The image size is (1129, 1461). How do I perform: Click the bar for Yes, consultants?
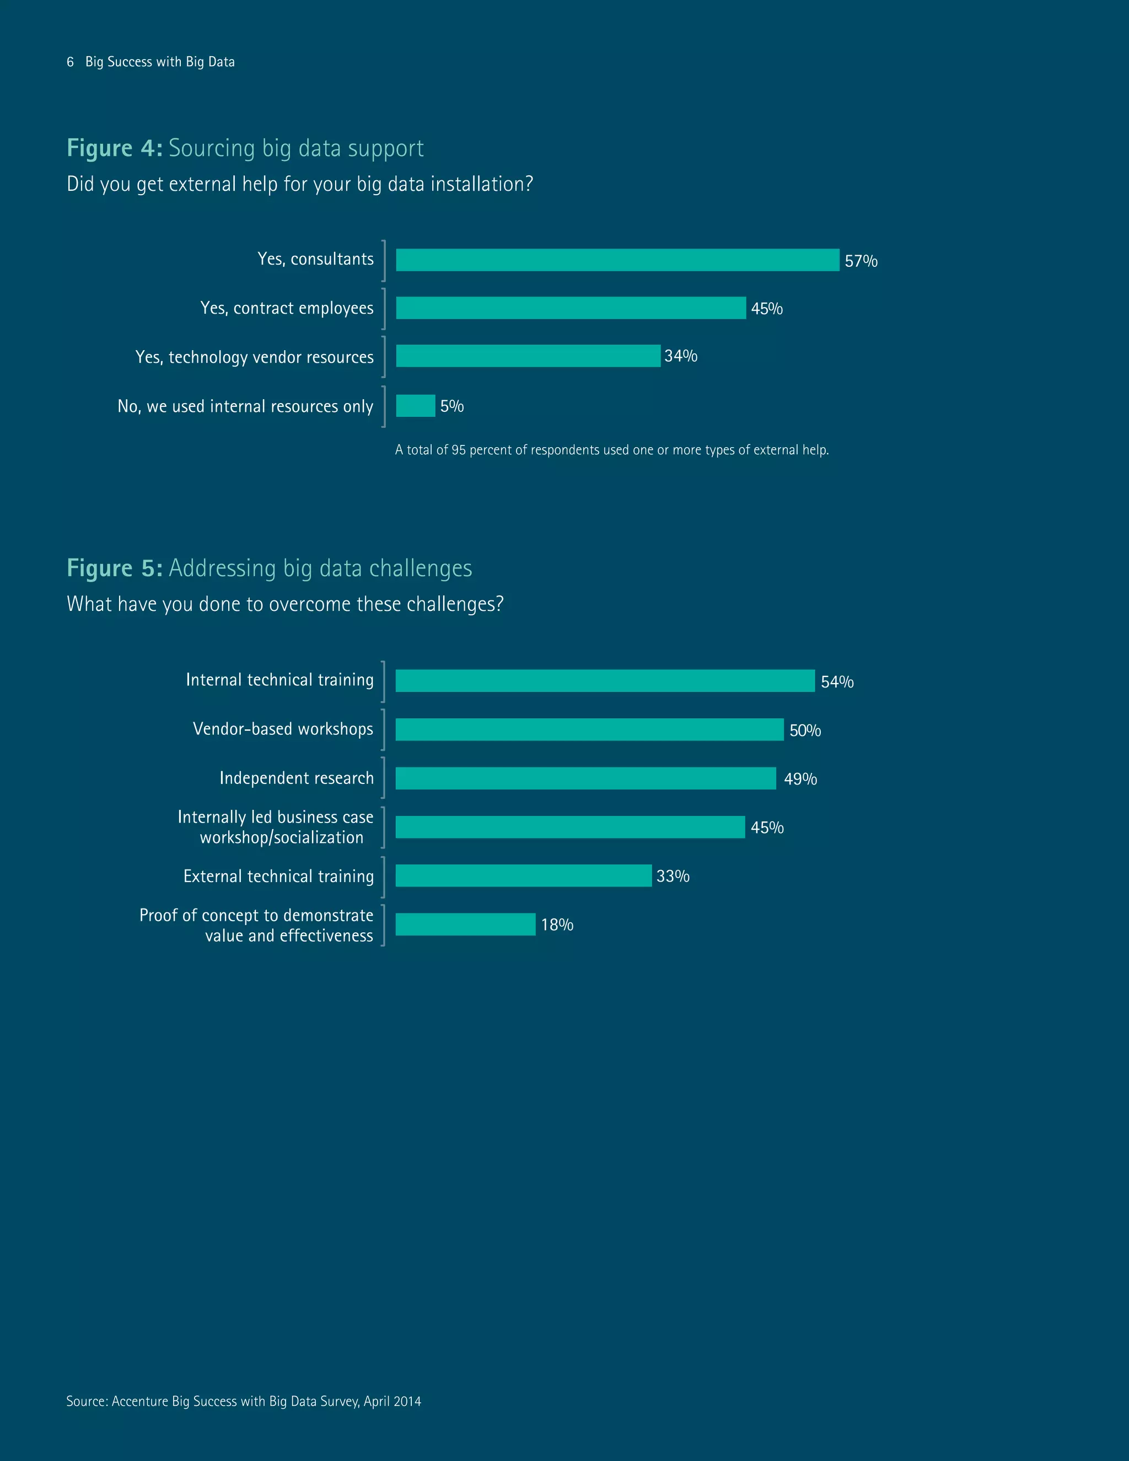(617, 260)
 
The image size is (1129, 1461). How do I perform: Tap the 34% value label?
(680, 356)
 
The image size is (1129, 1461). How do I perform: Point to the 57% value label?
(860, 261)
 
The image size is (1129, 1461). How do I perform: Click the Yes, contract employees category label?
(287, 308)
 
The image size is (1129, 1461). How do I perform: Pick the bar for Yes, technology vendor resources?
(528, 356)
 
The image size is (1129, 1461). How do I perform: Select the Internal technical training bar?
(605, 681)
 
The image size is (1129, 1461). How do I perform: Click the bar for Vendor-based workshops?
(589, 730)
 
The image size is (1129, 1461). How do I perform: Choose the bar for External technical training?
(523, 875)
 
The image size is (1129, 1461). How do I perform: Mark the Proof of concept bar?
(465, 925)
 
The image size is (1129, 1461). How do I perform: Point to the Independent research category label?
(296, 778)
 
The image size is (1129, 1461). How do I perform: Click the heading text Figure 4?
(114, 148)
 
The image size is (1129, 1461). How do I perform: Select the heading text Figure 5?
(114, 568)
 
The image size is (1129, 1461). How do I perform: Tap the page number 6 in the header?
(70, 62)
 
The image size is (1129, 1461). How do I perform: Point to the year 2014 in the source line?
(407, 1401)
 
